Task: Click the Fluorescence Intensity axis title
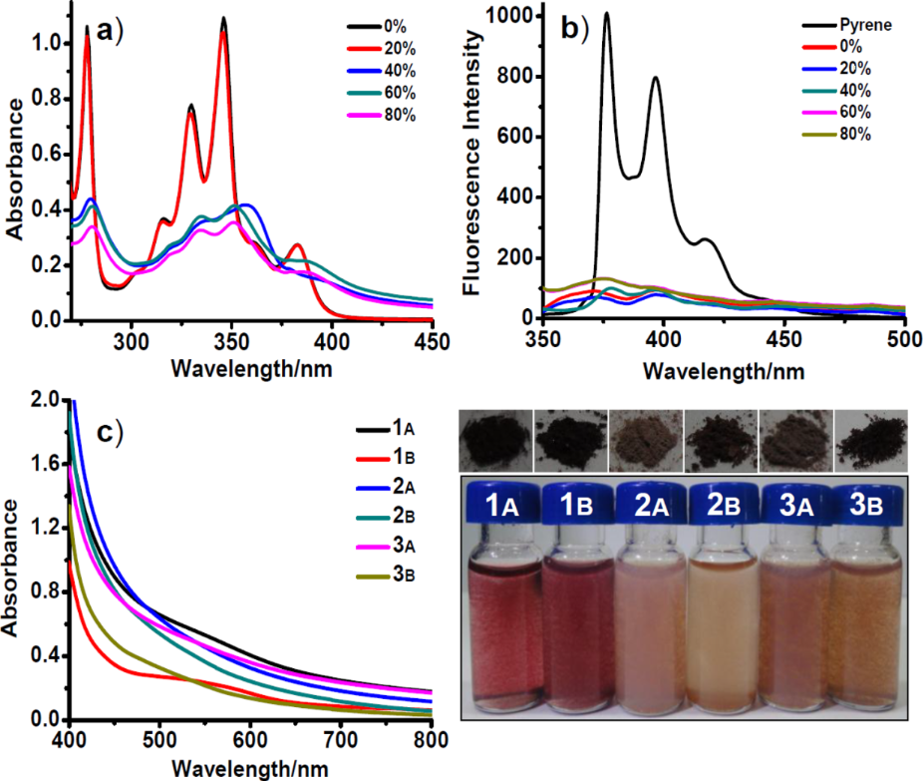(475, 164)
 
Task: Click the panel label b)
(576, 28)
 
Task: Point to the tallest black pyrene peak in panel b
(606, 15)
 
